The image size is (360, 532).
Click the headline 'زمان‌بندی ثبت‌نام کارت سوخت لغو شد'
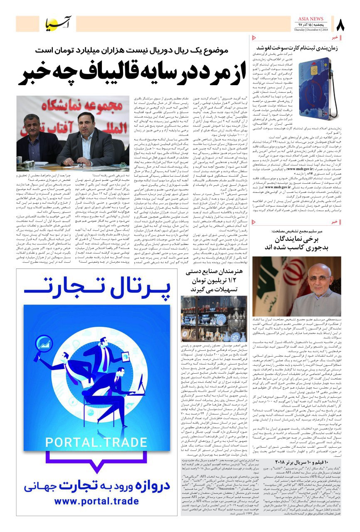click(298, 48)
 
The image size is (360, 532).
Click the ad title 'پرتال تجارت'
click(93, 292)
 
